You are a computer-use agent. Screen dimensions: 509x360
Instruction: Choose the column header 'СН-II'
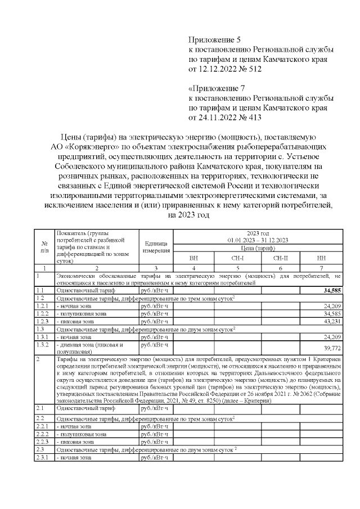[280, 258]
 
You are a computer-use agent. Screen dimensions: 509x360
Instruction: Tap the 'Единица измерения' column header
[156, 247]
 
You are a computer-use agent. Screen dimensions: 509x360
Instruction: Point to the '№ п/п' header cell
[44, 247]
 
